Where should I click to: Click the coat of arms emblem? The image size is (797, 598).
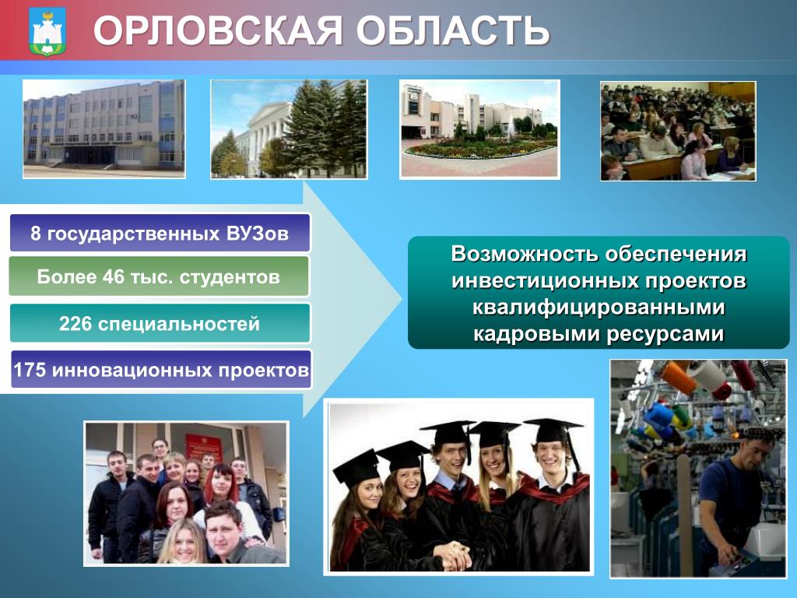(47, 31)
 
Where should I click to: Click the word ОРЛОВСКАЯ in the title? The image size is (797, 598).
(218, 30)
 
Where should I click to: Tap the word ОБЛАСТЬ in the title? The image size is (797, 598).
(452, 30)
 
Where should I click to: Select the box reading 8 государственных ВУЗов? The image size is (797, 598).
(160, 234)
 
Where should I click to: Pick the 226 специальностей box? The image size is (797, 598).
(160, 323)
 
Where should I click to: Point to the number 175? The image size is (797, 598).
(30, 370)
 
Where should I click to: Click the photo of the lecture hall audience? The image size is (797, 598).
(678, 131)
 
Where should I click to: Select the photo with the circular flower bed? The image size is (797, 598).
(479, 129)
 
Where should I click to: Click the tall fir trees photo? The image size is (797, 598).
(289, 129)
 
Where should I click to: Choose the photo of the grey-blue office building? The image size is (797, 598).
(104, 128)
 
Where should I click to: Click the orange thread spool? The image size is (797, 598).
(678, 377)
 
